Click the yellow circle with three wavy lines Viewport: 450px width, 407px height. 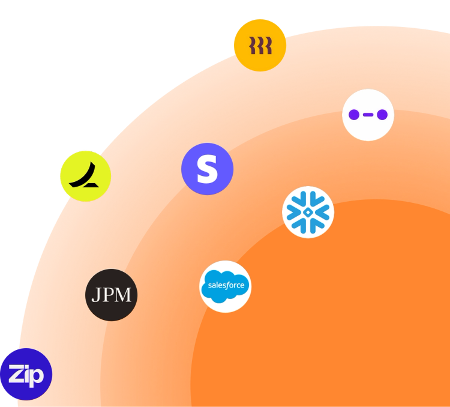point(260,45)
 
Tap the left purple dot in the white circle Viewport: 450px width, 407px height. point(354,115)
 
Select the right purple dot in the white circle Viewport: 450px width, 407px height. point(382,115)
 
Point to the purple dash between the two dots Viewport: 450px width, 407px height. point(368,115)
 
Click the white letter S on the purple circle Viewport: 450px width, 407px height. point(207,169)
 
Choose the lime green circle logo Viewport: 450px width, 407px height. point(85,175)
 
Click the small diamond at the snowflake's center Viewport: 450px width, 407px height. point(308,213)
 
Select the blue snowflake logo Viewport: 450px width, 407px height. point(308,212)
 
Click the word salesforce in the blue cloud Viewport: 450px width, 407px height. point(226,286)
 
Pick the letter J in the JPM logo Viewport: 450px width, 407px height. point(97,295)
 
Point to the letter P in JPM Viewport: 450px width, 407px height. point(108,295)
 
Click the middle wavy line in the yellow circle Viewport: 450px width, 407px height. point(260,45)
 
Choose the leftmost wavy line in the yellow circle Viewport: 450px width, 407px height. point(253,45)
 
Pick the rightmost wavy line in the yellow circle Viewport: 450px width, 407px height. point(268,45)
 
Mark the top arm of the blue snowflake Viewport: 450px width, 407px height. point(308,197)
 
